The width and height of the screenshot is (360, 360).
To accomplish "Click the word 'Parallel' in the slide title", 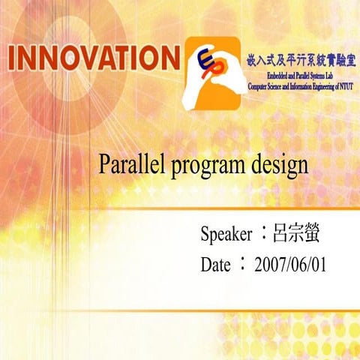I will pyautogui.click(x=132, y=166).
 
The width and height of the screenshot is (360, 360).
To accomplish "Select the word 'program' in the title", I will pyautogui.click(x=205, y=167).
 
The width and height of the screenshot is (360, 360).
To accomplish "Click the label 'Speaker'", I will pyautogui.click(x=226, y=235).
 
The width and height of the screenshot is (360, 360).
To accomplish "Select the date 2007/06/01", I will pyautogui.click(x=290, y=265).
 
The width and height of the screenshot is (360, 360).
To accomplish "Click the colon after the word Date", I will pyautogui.click(x=242, y=264).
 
